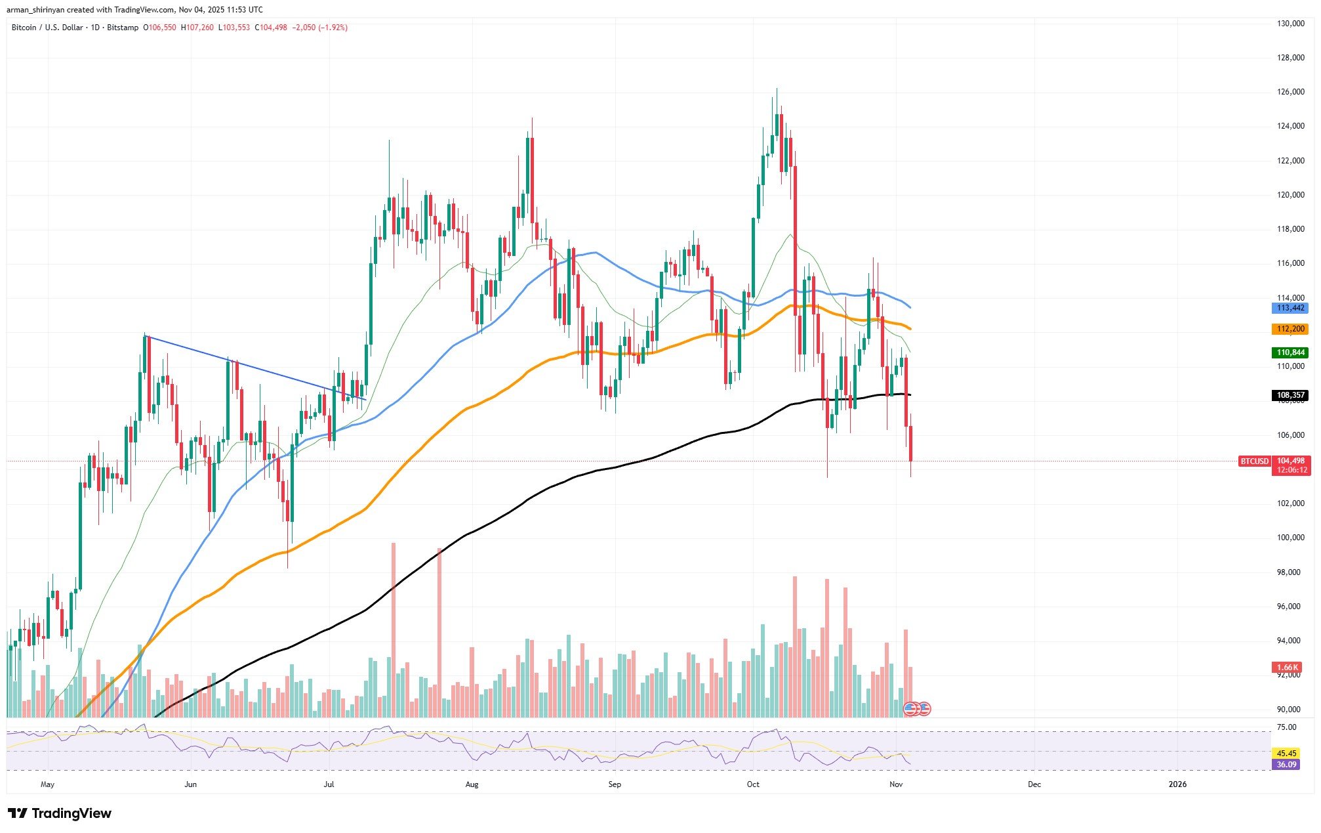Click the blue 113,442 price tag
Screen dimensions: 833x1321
(x=1289, y=308)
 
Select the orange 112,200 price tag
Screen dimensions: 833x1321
(x=1289, y=329)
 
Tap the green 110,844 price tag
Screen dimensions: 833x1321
(x=1289, y=352)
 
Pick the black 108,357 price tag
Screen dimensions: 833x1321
(x=1289, y=395)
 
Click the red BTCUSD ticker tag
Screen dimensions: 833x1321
(x=1254, y=461)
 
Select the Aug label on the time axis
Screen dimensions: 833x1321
(x=471, y=784)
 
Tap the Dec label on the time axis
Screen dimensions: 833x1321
(x=1034, y=784)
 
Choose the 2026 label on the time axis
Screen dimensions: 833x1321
(x=1177, y=784)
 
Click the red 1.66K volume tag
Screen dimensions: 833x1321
(x=1289, y=668)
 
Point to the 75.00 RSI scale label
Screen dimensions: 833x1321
(x=1282, y=727)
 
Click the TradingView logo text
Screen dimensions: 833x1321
(x=71, y=814)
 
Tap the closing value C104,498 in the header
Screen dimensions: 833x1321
(x=271, y=28)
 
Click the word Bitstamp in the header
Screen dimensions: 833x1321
(x=123, y=28)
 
